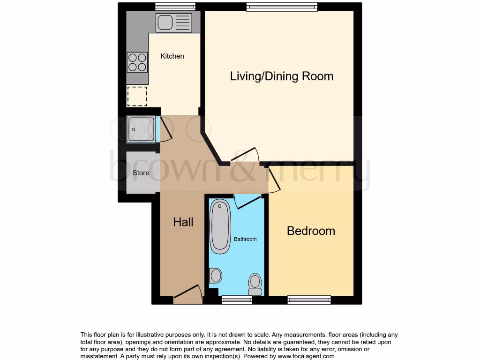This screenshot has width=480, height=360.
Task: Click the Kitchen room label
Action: click(x=172, y=56)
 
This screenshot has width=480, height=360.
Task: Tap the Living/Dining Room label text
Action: click(x=281, y=76)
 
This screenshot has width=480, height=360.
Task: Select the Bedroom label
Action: click(x=311, y=231)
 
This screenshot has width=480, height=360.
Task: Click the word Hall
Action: click(x=183, y=222)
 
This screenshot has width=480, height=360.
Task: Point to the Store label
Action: click(x=141, y=173)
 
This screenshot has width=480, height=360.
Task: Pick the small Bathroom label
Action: click(x=245, y=239)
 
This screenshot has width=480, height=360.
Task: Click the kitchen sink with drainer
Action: click(x=174, y=22)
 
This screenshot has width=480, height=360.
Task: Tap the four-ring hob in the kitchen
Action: click(x=137, y=62)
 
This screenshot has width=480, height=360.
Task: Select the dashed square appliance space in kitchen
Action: click(x=137, y=96)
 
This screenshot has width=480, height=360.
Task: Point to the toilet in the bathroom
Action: click(x=255, y=283)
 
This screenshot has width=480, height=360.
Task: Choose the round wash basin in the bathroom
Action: click(x=215, y=276)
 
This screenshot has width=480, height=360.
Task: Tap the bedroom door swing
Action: click(x=273, y=180)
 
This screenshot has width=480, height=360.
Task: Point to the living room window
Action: click(x=282, y=7)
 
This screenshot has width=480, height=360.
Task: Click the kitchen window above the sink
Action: click(x=169, y=7)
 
